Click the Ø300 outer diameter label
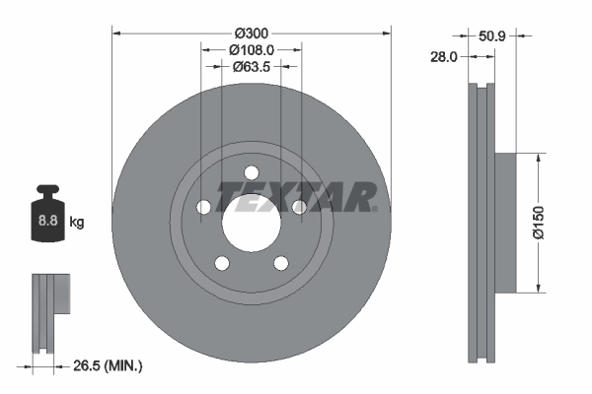click(252, 18)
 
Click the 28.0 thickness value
click(445, 57)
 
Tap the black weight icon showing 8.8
click(46, 219)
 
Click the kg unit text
click(77, 223)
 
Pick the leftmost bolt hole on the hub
click(204, 206)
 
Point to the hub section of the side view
click(502, 223)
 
